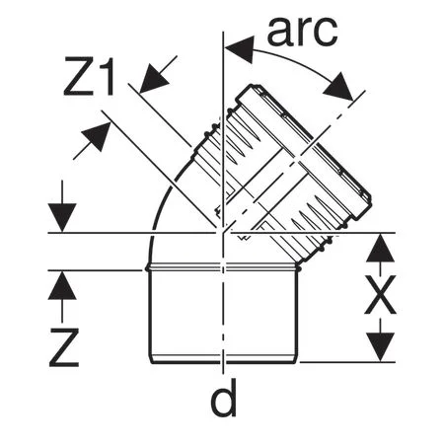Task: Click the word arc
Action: coord(302,31)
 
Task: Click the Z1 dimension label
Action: coord(89,76)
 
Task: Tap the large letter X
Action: coord(380,295)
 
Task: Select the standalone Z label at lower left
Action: coord(64,347)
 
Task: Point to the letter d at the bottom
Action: coord(224,398)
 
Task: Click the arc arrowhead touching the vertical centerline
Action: coord(240,49)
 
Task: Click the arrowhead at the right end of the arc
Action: coord(338,86)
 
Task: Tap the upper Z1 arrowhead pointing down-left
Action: coord(154,78)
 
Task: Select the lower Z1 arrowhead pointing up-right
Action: coord(96,136)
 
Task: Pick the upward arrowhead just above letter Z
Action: coord(62,285)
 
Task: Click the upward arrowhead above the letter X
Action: coord(380,248)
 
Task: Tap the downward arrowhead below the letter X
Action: coord(380,347)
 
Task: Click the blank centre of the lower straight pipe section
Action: coord(223,313)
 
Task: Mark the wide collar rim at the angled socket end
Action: coord(305,152)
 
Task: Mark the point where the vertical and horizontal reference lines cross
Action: coord(223,233)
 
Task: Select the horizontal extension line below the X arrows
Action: coord(347,362)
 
